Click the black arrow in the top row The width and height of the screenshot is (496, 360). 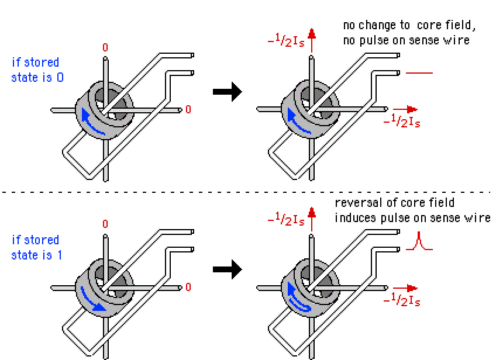tap(227, 92)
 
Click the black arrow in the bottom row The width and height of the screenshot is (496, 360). tap(227, 269)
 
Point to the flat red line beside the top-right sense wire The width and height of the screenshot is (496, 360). tap(419, 73)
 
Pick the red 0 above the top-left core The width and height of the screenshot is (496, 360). tap(105, 47)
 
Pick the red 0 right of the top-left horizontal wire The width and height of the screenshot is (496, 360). tap(188, 109)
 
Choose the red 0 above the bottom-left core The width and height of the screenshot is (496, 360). tap(105, 224)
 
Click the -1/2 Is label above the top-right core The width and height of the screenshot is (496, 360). tap(286, 43)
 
